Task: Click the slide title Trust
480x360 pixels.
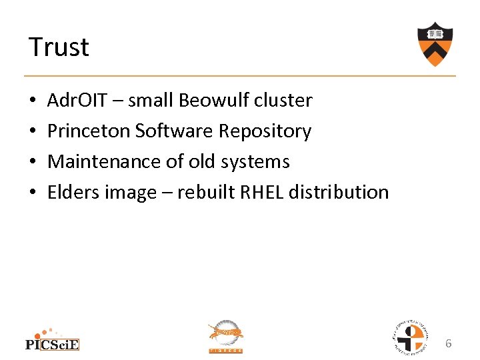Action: pyautogui.click(x=59, y=47)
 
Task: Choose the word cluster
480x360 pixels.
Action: pyautogui.click(x=287, y=101)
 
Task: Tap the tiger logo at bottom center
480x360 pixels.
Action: pyautogui.click(x=226, y=335)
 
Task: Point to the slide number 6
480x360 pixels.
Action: pyautogui.click(x=449, y=343)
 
